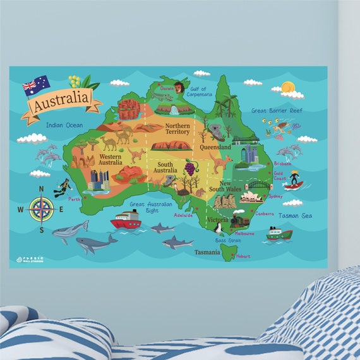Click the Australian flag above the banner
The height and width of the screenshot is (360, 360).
coord(36,83)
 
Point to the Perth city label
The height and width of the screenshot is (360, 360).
coord(75,199)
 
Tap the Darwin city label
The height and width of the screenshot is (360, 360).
coord(167,89)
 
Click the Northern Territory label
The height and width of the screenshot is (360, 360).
coord(177,129)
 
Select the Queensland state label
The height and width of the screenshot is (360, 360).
coord(215,146)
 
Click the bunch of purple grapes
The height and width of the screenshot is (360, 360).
coord(189,168)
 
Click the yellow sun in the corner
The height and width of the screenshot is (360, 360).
coord(288,87)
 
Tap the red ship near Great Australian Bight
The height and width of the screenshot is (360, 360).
coord(125,220)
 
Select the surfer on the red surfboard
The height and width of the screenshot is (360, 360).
coord(294,180)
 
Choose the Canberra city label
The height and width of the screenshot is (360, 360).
coord(265,213)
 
